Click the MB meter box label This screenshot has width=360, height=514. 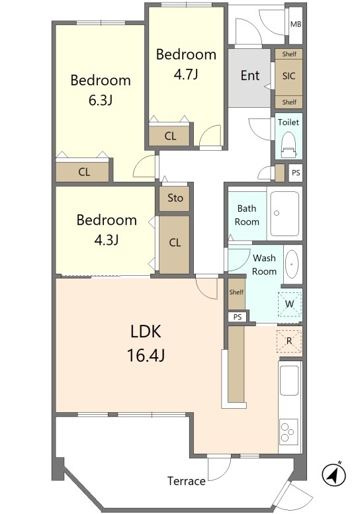click(x=296, y=24)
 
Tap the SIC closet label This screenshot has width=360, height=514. click(x=289, y=76)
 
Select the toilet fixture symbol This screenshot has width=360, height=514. click(x=289, y=144)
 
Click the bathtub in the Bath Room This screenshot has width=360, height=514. click(x=285, y=214)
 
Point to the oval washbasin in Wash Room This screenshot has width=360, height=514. click(x=291, y=264)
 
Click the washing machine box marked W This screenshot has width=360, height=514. click(x=289, y=304)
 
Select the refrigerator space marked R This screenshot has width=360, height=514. click(x=289, y=341)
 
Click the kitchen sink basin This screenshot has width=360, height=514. click(x=289, y=380)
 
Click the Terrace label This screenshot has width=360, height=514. click(x=186, y=481)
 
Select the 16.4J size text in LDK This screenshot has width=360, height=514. click(x=146, y=355)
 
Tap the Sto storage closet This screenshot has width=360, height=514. click(x=175, y=198)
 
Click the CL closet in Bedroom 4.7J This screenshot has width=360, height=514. click(x=169, y=136)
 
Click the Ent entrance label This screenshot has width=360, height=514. click(x=250, y=75)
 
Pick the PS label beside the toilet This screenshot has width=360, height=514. click(x=296, y=173)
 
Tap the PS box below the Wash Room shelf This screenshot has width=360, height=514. click(x=238, y=317)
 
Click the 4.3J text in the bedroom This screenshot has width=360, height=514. click(x=107, y=240)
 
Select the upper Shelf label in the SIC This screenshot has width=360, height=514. click(x=289, y=54)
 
